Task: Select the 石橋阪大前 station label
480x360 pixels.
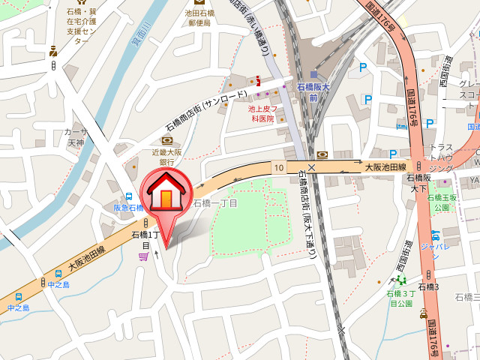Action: tap(313, 91)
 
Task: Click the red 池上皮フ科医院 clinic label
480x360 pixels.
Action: tap(262, 113)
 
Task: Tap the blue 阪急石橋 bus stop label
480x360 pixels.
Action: tap(127, 208)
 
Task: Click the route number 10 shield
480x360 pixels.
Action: tap(278, 166)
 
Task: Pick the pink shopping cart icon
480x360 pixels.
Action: tap(142, 257)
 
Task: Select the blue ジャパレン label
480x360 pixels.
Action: tap(434, 245)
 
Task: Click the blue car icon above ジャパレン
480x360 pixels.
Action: tap(435, 231)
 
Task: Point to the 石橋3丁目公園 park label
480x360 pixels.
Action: tap(400, 298)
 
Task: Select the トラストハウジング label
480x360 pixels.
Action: tap(442, 158)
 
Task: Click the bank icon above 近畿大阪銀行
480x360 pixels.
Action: tap(166, 139)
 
